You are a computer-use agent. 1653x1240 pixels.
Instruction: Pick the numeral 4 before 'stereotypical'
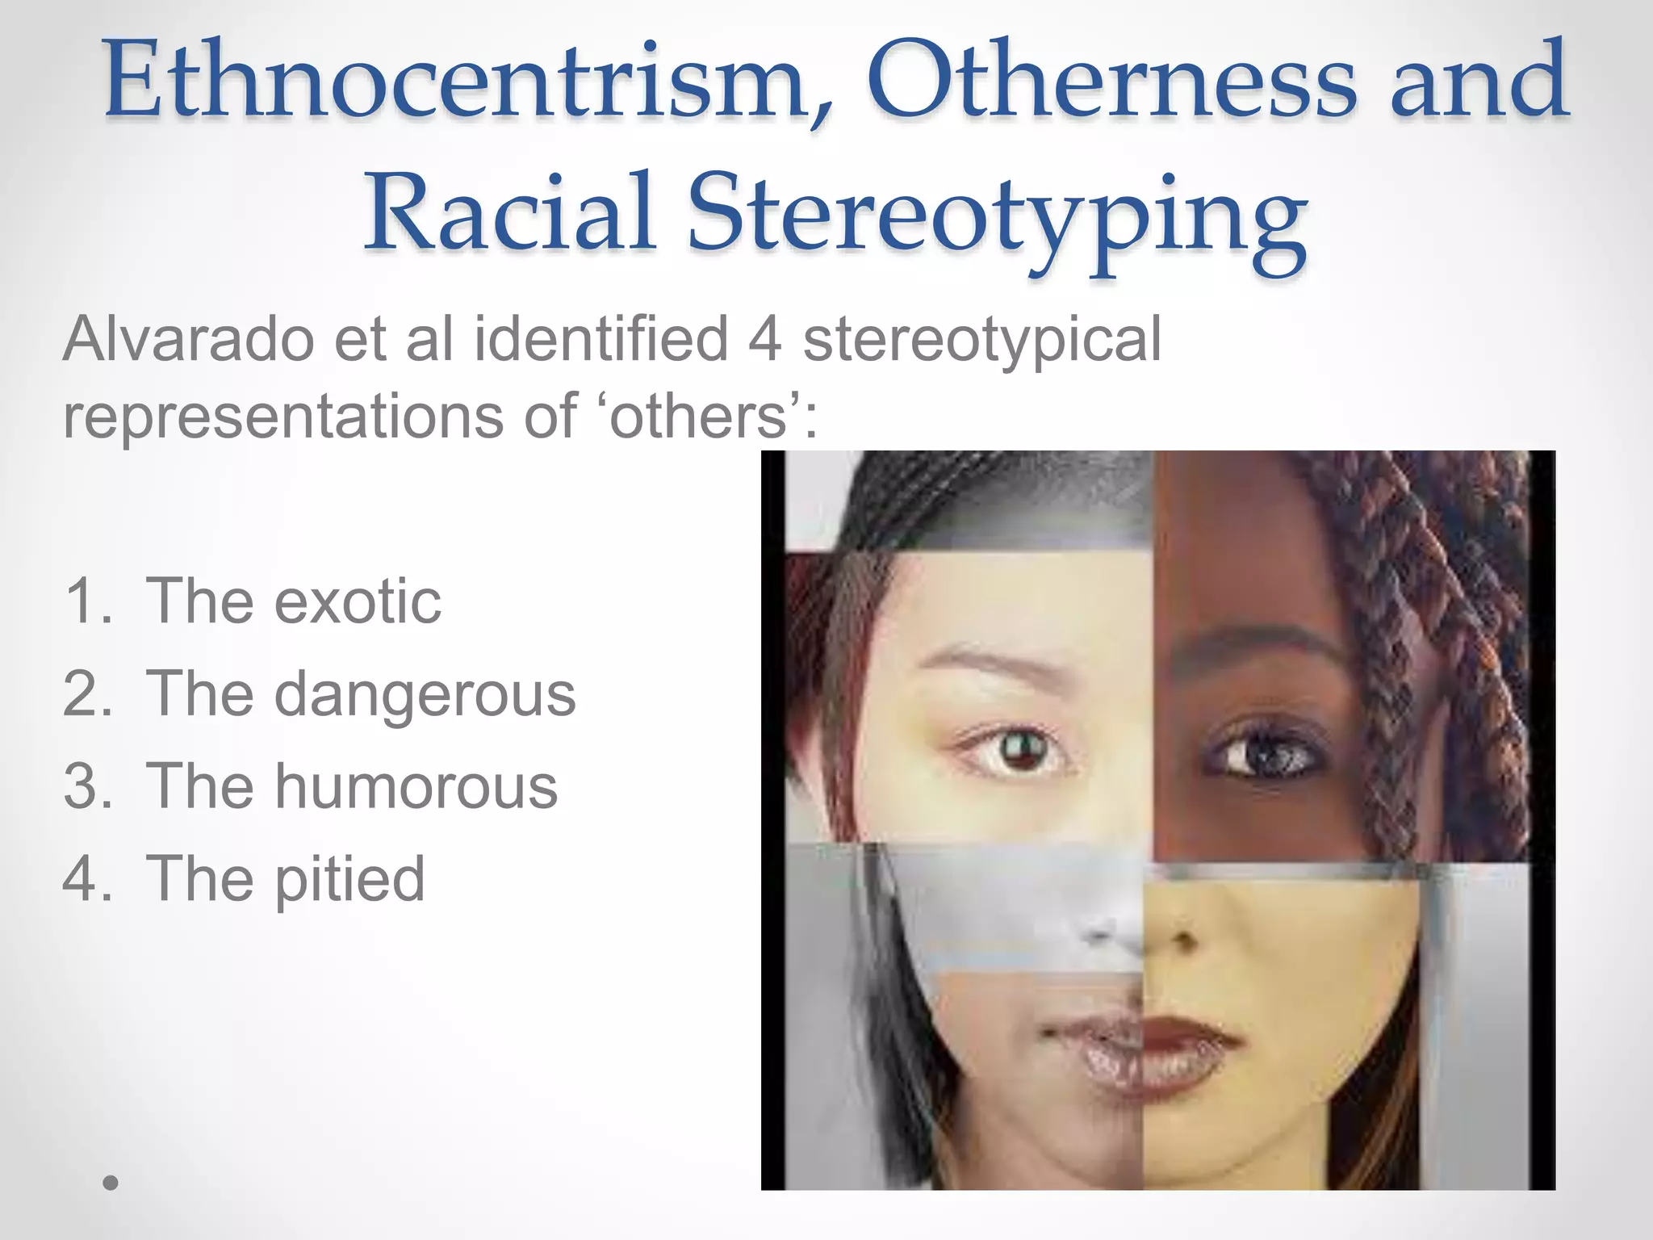tap(764, 339)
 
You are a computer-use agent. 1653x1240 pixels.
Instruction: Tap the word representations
tap(283, 417)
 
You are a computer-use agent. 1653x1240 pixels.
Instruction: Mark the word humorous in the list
tap(416, 786)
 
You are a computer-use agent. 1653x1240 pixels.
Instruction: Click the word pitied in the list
tap(349, 878)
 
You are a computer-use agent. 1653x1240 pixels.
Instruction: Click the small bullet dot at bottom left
tap(111, 1183)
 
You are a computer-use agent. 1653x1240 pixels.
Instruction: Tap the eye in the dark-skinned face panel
tap(1259, 755)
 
